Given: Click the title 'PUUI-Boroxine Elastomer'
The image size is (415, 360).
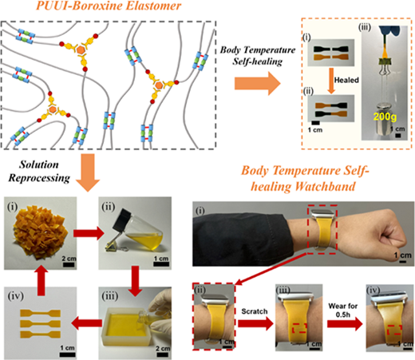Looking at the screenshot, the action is pyautogui.click(x=109, y=6).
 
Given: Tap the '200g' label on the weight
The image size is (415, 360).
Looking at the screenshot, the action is pyautogui.click(x=385, y=117).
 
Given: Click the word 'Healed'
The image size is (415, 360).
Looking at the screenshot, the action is pyautogui.click(x=346, y=80).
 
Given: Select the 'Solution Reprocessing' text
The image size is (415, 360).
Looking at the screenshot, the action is pyautogui.click(x=39, y=171).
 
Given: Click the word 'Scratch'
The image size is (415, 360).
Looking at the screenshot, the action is pyautogui.click(x=255, y=311).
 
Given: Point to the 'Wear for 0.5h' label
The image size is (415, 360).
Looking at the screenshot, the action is pyautogui.click(x=343, y=311).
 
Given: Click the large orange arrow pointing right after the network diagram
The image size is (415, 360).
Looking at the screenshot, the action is pyautogui.click(x=258, y=84).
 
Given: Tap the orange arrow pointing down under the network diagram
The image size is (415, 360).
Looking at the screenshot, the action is pyautogui.click(x=88, y=172).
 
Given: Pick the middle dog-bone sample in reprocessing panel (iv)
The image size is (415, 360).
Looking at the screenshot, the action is pyautogui.click(x=41, y=323).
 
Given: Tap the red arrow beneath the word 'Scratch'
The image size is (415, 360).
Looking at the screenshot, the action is pyautogui.click(x=255, y=323).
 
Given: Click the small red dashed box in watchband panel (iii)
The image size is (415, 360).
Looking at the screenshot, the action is pyautogui.click(x=299, y=328).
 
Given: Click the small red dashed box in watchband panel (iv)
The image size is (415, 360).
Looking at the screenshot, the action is pyautogui.click(x=394, y=330).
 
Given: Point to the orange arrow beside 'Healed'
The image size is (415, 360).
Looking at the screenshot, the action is pyautogui.click(x=331, y=81).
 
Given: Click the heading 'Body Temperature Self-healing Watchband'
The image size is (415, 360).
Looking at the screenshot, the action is pyautogui.click(x=304, y=179).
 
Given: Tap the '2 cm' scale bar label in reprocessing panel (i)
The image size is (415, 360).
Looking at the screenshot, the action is pyautogui.click(x=69, y=259).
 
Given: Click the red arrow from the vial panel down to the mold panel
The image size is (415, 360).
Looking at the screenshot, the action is pyautogui.click(x=136, y=282).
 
